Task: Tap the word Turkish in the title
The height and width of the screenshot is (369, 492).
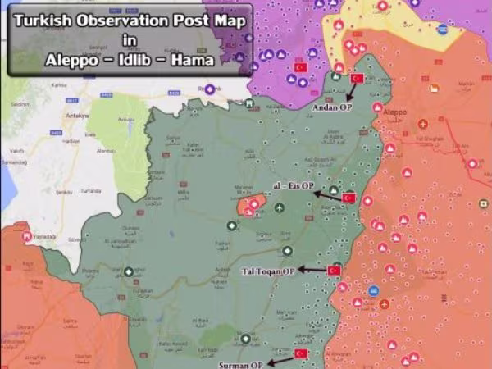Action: (x=49, y=20)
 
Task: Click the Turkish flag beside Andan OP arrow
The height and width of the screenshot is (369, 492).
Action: (x=357, y=79)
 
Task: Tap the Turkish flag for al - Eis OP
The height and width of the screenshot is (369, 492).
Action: (x=348, y=198)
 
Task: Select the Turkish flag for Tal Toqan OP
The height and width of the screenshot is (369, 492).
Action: (x=334, y=270)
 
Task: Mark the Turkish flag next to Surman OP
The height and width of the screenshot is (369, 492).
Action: (x=300, y=353)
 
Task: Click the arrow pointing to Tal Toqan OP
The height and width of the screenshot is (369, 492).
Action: (x=312, y=269)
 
